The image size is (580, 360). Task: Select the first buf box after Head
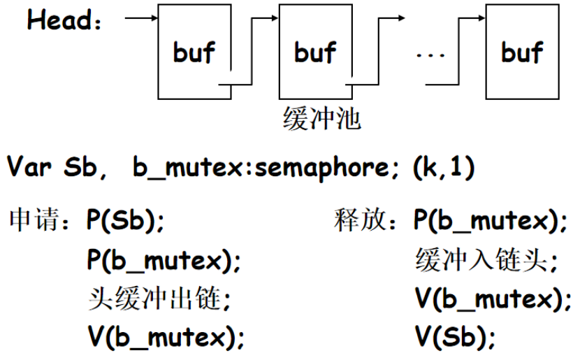(x=194, y=52)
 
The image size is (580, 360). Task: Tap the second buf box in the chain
(x=314, y=52)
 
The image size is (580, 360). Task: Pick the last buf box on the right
(x=521, y=52)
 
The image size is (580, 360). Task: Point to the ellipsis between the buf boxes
(x=430, y=54)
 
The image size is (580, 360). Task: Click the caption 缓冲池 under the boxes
(x=321, y=120)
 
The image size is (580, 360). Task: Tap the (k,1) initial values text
(x=444, y=168)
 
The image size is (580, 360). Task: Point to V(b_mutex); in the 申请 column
(x=165, y=339)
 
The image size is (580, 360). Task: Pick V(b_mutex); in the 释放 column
(x=492, y=300)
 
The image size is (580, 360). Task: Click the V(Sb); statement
(x=455, y=339)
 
